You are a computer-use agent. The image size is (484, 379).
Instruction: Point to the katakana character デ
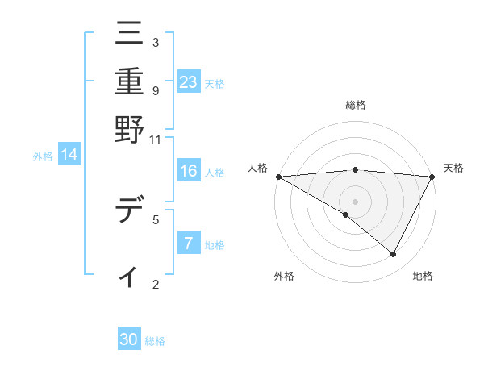tap(129, 211)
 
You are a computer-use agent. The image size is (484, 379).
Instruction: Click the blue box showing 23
tap(189, 82)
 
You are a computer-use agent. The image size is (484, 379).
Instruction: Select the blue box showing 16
tap(189, 171)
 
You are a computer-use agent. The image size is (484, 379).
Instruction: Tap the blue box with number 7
tap(189, 244)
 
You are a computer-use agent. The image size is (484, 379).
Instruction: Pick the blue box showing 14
tap(69, 156)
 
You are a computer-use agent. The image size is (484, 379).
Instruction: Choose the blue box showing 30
tap(129, 340)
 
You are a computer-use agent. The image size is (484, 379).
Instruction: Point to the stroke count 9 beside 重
tap(155, 90)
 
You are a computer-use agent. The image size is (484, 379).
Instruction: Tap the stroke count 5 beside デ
tap(155, 219)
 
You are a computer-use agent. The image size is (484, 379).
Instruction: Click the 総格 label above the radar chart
tap(355, 106)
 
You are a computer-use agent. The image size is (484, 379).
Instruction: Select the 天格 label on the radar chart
tap(453, 168)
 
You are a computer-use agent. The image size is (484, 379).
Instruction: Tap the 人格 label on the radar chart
tap(257, 168)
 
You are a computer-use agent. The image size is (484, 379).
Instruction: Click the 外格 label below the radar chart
tap(284, 277)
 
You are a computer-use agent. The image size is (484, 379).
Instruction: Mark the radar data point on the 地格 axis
tap(394, 255)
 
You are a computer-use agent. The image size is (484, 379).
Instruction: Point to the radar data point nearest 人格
tap(278, 177)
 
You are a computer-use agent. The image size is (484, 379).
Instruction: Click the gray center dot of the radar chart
tap(355, 201)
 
